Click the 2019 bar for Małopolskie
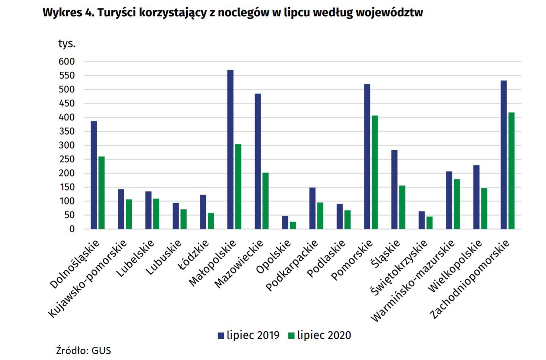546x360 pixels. [x=230, y=149]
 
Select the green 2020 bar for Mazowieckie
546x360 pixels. [x=265, y=201]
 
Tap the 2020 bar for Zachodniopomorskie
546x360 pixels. [x=511, y=171]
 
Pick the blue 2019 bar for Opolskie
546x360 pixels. [x=285, y=223]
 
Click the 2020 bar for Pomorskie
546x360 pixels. [x=374, y=172]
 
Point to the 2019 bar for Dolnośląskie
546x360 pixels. [x=94, y=175]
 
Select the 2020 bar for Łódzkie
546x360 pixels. [x=211, y=221]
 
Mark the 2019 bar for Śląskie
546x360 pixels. [x=394, y=190]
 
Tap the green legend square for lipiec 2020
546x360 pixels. [x=291, y=336]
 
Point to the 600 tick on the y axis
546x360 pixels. [x=66, y=61]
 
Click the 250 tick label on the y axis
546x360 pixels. [x=66, y=159]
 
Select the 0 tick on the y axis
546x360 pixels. [x=72, y=229]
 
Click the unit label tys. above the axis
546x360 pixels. [x=67, y=43]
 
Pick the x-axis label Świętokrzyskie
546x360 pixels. [x=399, y=267]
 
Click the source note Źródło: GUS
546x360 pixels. [x=83, y=350]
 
